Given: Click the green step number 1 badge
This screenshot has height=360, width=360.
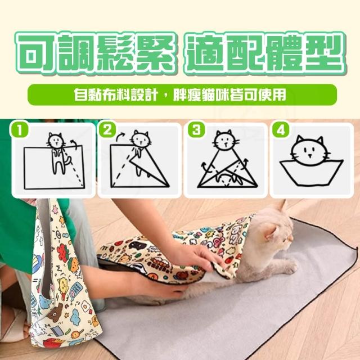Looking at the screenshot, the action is click(x=19, y=130).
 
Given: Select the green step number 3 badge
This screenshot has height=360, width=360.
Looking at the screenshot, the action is click(x=196, y=130).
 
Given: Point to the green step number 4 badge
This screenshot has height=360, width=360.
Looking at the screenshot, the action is click(x=281, y=130).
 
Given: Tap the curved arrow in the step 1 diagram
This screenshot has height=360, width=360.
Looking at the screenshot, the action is click(x=74, y=143).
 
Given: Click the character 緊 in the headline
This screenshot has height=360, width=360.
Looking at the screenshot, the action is click(x=155, y=53).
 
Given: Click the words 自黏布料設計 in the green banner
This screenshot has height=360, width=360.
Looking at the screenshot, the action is click(x=116, y=94).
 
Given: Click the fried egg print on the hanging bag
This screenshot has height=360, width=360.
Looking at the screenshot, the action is click(x=85, y=307).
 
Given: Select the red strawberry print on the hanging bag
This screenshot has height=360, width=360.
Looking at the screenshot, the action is click(x=62, y=251).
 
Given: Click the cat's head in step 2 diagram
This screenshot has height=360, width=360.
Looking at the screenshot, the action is click(x=141, y=139).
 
